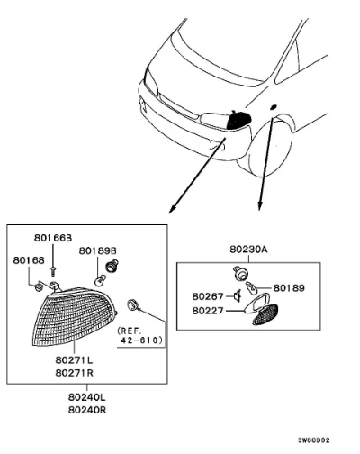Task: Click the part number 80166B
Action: pyautogui.click(x=53, y=238)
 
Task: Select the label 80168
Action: pyautogui.click(x=29, y=260)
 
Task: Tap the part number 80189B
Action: pyautogui.click(x=98, y=250)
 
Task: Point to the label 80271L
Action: pyautogui.click(x=75, y=359)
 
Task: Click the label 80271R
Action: pyautogui.click(x=75, y=373)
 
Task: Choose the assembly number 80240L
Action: pyautogui.click(x=87, y=397)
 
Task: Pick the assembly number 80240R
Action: pyautogui.click(x=87, y=410)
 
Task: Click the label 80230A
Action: pyautogui.click(x=248, y=250)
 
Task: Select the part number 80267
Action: pyautogui.click(x=208, y=296)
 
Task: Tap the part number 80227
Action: pyautogui.click(x=208, y=311)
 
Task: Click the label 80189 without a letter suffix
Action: pyautogui.click(x=289, y=288)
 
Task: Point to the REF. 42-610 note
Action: pyautogui.click(x=141, y=336)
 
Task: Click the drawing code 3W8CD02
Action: pyautogui.click(x=314, y=440)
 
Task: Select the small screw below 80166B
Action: pyautogui.click(x=53, y=271)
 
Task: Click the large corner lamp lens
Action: pyautogui.click(x=74, y=317)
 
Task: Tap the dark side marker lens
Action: pyautogui.click(x=265, y=314)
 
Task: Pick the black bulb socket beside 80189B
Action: pyautogui.click(x=112, y=266)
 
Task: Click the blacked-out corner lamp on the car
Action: pyautogui.click(x=238, y=121)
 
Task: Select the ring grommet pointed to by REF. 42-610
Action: pyautogui.click(x=132, y=304)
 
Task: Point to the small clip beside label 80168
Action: pyautogui.click(x=39, y=286)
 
